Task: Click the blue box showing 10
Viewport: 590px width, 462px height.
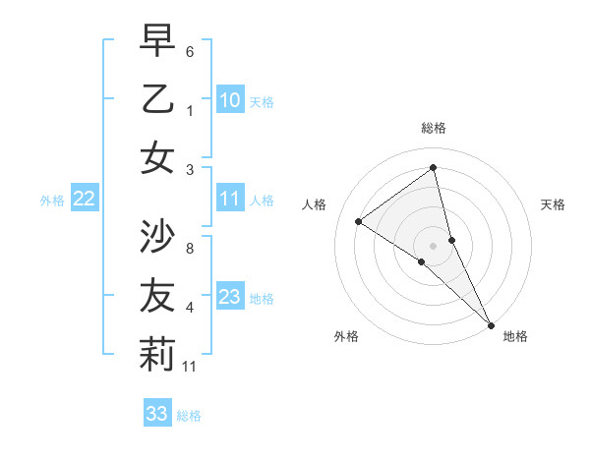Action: tap(230, 100)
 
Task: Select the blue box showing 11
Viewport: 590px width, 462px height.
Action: tap(230, 200)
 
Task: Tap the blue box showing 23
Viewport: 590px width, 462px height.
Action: tap(230, 297)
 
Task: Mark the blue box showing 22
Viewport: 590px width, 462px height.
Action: tap(85, 200)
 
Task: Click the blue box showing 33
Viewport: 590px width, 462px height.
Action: tap(157, 414)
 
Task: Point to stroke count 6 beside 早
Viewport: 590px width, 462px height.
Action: tap(190, 51)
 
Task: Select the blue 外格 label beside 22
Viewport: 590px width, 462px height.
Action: tap(52, 201)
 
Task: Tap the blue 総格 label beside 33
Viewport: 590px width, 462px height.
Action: tap(189, 415)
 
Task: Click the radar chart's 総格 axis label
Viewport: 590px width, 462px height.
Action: tap(433, 128)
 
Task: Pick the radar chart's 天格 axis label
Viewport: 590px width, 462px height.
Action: tap(554, 204)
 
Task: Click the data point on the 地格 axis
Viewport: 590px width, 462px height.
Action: tap(490, 323)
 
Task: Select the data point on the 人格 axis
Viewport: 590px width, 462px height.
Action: tap(358, 221)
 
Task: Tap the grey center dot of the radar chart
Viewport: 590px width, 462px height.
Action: tap(433, 245)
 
